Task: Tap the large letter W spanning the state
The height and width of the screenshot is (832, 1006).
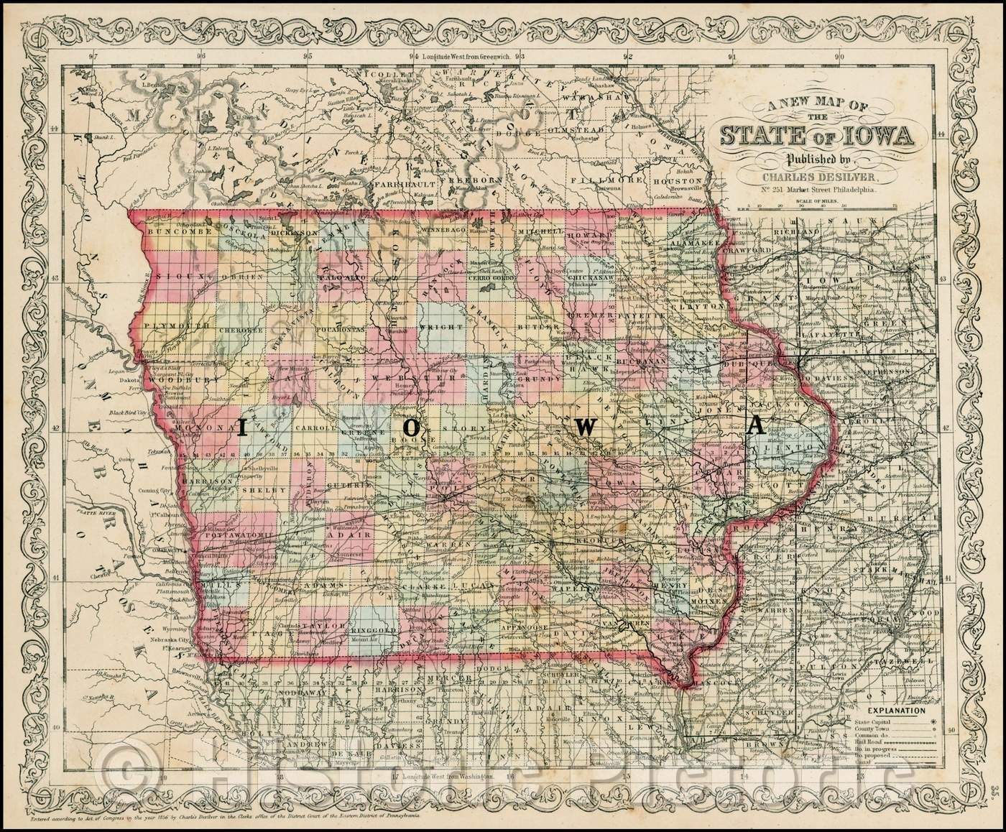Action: (586, 426)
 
